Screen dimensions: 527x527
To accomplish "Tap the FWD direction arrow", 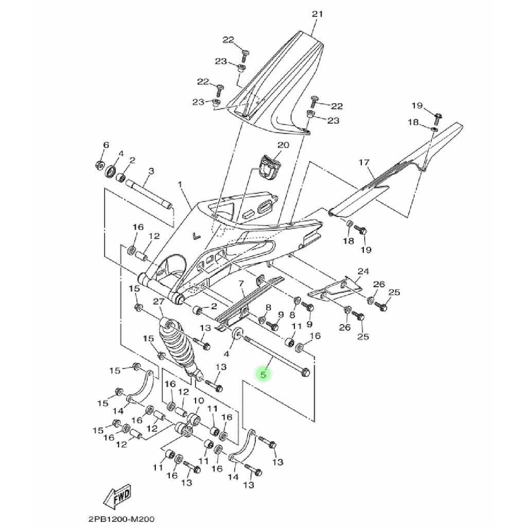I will pos(117,497).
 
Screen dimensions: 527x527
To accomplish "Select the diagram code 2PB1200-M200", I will pos(117,520).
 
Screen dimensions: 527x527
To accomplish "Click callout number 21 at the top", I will pos(317,14).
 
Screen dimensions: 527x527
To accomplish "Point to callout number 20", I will pos(284,145).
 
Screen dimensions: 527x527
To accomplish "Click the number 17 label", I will pos(364,163).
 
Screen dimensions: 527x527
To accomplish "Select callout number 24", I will pos(363,271).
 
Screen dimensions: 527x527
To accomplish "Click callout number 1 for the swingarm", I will pos(180,184).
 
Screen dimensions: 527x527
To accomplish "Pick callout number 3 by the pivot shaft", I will pos(151,171).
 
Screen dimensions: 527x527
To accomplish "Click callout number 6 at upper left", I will pos(106,145).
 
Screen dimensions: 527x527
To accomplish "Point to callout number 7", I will pos(240,284).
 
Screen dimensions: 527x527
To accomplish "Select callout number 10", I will pos(198,400).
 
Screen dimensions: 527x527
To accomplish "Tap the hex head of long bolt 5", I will pos(304,371).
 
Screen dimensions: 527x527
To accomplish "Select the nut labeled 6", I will pos(99,165).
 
